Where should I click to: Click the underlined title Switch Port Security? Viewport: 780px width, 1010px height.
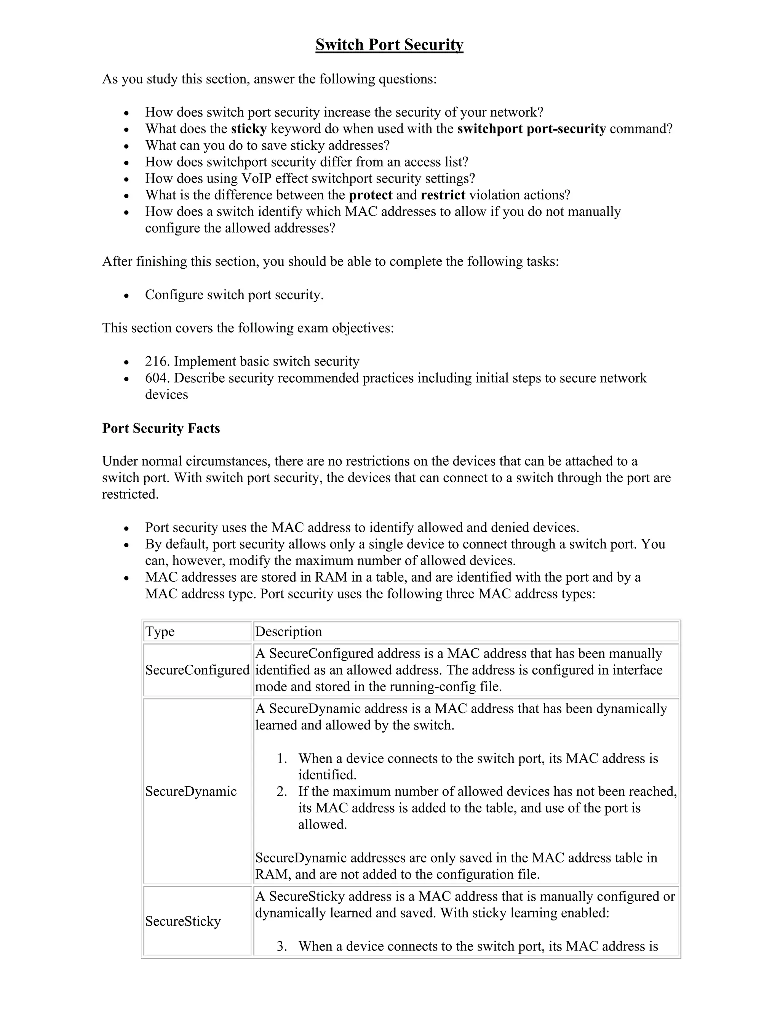coord(389,45)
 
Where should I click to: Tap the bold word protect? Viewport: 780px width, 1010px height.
coord(371,195)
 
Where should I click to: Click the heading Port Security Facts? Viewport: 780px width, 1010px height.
coord(161,428)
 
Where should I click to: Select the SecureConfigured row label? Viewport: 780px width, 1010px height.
coord(197,670)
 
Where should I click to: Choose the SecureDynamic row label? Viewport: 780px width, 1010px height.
coord(191,791)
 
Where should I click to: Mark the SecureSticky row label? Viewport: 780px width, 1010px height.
coord(183,921)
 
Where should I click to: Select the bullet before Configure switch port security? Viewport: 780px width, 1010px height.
coord(126,295)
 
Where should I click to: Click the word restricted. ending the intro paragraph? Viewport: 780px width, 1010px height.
coord(130,494)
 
